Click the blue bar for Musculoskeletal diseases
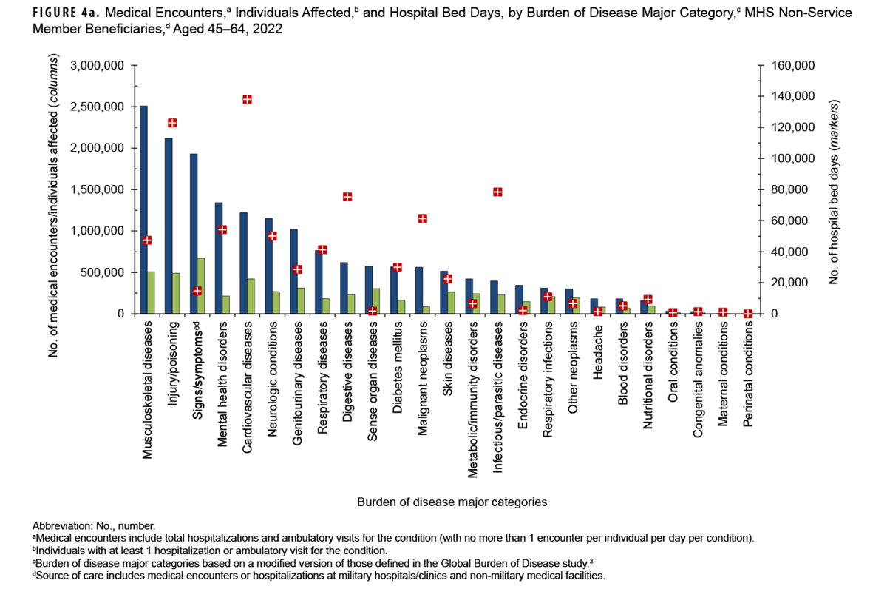[x=143, y=210]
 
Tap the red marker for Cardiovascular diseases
[x=248, y=99]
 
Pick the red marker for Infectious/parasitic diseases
[x=497, y=192]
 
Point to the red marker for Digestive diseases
[x=347, y=197]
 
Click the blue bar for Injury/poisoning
[x=169, y=226]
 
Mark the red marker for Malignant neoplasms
[x=423, y=218]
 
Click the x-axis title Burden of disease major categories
[x=452, y=502]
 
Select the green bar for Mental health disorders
[x=226, y=305]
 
